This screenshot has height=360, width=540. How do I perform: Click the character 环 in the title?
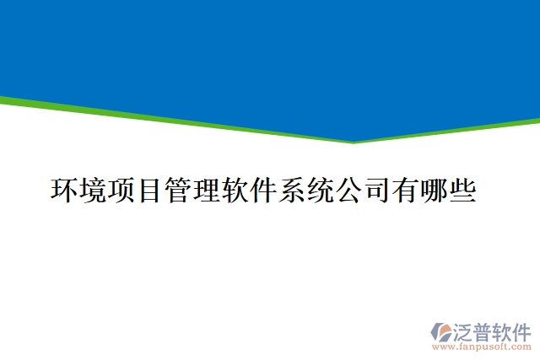(x=66, y=191)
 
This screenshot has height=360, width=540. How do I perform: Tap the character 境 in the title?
(x=94, y=191)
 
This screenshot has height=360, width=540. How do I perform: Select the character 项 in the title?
(x=122, y=191)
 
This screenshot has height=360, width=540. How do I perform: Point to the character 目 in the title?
(x=150, y=191)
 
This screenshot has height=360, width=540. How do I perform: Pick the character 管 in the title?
(x=179, y=191)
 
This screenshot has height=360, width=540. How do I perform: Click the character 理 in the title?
(x=207, y=191)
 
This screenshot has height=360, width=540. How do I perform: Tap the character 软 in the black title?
(x=235, y=191)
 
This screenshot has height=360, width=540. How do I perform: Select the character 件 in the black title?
(x=263, y=191)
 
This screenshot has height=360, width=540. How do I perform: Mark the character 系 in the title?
(x=292, y=191)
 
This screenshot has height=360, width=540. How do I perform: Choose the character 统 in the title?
(x=320, y=191)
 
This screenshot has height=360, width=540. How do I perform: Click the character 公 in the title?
(x=348, y=191)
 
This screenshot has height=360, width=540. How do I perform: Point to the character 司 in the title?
(x=376, y=191)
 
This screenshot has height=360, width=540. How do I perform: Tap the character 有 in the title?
(x=405, y=191)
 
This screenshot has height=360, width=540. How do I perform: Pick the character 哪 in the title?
(x=433, y=191)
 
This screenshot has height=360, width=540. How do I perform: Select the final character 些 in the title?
(x=462, y=191)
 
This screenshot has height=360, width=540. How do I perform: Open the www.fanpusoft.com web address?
(x=481, y=346)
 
